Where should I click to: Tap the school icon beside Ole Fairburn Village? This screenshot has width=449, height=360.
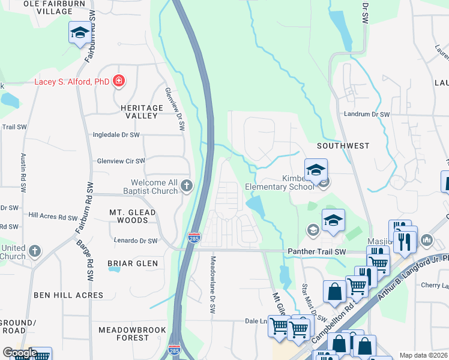point(79,33)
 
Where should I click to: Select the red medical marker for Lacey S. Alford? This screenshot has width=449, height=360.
point(119,81)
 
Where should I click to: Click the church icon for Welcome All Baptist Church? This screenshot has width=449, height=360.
point(187,185)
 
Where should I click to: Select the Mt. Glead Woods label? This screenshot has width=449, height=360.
point(133,216)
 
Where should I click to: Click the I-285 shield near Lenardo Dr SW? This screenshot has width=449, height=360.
point(194,237)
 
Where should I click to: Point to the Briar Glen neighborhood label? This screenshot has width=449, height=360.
point(133,263)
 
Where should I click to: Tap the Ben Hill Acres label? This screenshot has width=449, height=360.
point(68,295)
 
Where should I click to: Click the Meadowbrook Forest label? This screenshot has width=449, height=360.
point(123,334)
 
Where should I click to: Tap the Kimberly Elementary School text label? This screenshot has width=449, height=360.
point(280,182)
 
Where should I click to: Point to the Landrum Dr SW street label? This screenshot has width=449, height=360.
point(367,114)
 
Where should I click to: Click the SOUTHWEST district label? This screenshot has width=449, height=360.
point(343,146)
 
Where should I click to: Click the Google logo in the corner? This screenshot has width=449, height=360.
point(19,353)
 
